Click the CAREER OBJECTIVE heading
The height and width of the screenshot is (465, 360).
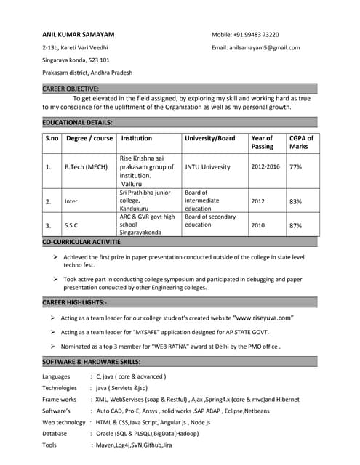pos(71,89)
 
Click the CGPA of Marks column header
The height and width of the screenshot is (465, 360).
pos(301,142)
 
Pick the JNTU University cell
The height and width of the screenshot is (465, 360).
pos(207,166)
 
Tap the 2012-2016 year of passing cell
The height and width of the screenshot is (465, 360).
pos(265,166)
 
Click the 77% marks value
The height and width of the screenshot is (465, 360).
pos(295,166)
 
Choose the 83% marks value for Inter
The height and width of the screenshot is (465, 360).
pos(295,201)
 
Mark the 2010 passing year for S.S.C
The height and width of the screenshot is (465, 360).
pos(258,225)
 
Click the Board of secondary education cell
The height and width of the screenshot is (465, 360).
pos(210,221)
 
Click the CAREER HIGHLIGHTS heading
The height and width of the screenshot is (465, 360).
pos(75,302)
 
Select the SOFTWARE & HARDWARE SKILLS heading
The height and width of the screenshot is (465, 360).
pos(91,361)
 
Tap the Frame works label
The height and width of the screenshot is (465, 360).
pos(59,399)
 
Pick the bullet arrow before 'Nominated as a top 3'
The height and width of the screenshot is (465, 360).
pos(53,346)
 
